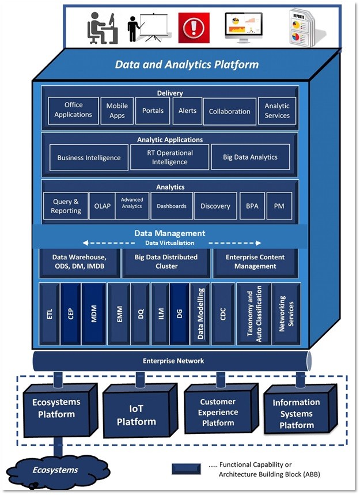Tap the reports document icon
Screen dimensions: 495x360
click(303, 28)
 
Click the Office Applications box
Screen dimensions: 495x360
click(73, 110)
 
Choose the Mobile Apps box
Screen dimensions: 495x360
click(116, 111)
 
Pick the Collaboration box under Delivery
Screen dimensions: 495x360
click(229, 111)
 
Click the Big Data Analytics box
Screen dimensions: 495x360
click(251, 157)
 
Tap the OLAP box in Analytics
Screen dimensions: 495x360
click(102, 206)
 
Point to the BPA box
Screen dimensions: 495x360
click(251, 206)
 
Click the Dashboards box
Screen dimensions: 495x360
click(171, 206)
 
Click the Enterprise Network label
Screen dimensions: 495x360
click(173, 361)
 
